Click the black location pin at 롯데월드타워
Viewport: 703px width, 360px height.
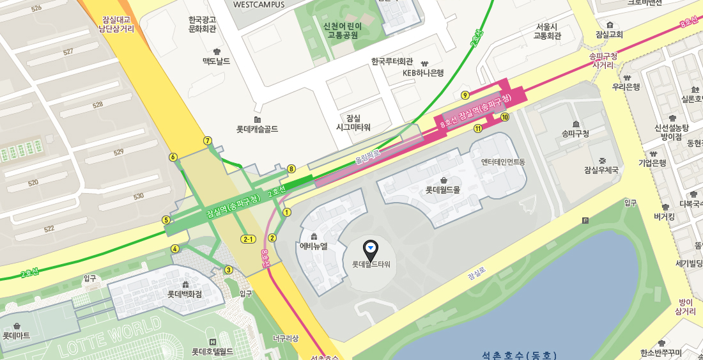click(x=371, y=249)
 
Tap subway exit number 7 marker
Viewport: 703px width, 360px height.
click(x=207, y=141)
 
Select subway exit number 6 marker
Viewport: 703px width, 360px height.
click(x=173, y=157)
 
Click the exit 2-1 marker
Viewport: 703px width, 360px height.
click(x=248, y=239)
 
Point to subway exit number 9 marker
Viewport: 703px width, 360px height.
click(x=465, y=96)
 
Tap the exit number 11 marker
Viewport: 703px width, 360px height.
click(x=477, y=129)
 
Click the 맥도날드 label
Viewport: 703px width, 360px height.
click(x=216, y=61)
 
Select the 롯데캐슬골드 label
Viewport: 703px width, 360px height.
click(x=257, y=129)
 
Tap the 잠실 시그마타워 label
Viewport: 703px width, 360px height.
click(x=353, y=123)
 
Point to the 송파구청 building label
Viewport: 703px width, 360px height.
click(x=575, y=134)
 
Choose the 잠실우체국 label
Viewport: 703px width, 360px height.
click(x=601, y=169)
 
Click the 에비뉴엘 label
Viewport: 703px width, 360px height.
click(x=313, y=246)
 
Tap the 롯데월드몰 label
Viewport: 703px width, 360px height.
click(x=443, y=189)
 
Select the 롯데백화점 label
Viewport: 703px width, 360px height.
click(x=185, y=294)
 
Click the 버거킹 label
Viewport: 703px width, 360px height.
click(x=665, y=216)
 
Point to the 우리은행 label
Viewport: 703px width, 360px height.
click(x=626, y=86)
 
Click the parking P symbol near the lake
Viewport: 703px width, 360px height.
click(x=585, y=221)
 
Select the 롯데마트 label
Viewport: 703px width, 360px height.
click(x=17, y=335)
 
